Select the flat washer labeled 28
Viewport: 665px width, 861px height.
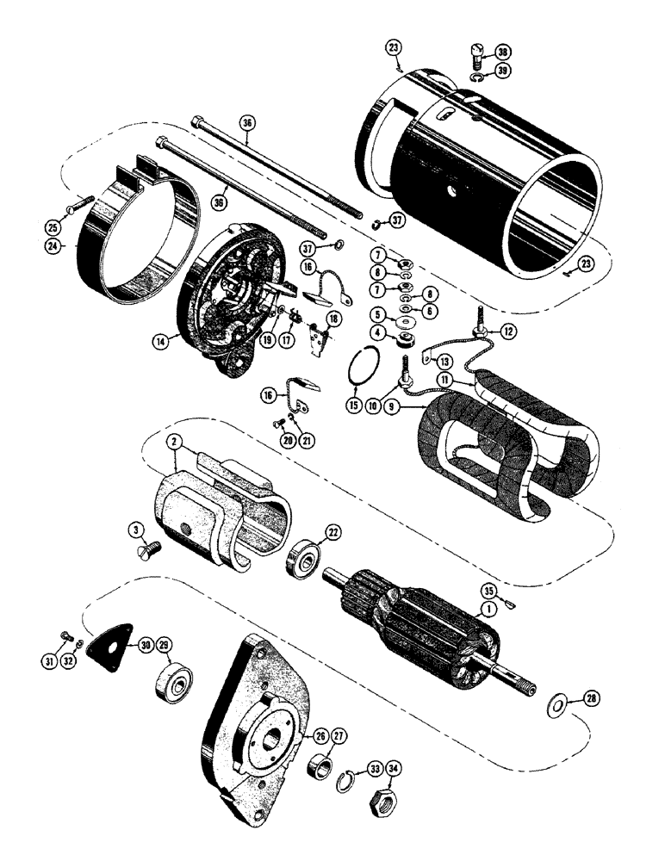pyautogui.click(x=558, y=707)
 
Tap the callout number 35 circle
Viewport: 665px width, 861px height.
pyautogui.click(x=490, y=592)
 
